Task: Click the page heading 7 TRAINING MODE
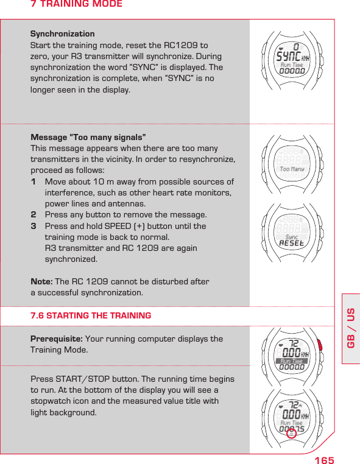click(76, 4)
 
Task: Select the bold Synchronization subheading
click(62, 34)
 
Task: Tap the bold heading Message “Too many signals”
click(88, 138)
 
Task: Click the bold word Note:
click(41, 281)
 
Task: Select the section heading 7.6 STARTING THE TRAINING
click(91, 315)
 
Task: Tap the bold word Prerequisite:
click(57, 339)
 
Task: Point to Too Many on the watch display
click(291, 169)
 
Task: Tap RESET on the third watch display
click(291, 243)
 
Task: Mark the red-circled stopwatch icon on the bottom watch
click(292, 434)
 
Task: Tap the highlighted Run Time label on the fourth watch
click(291, 361)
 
